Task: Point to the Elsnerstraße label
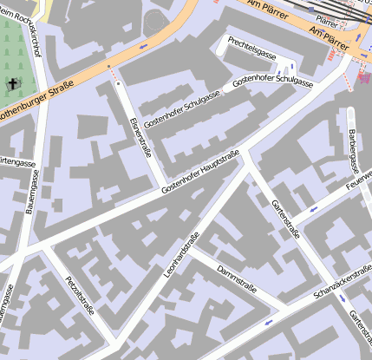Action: pyautogui.click(x=140, y=136)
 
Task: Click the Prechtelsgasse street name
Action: pyautogui.click(x=252, y=47)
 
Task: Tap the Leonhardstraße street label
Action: pyautogui.click(x=180, y=255)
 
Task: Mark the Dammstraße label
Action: pyautogui.click(x=237, y=280)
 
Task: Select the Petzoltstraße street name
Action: pyautogui.click(x=79, y=297)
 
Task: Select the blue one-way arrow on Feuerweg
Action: pyautogui.click(x=312, y=208)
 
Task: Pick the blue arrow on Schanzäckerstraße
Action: pyautogui.click(x=268, y=322)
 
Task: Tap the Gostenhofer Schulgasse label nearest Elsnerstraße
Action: pyautogui.click(x=181, y=109)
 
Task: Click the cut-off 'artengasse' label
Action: pyautogui.click(x=17, y=161)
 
